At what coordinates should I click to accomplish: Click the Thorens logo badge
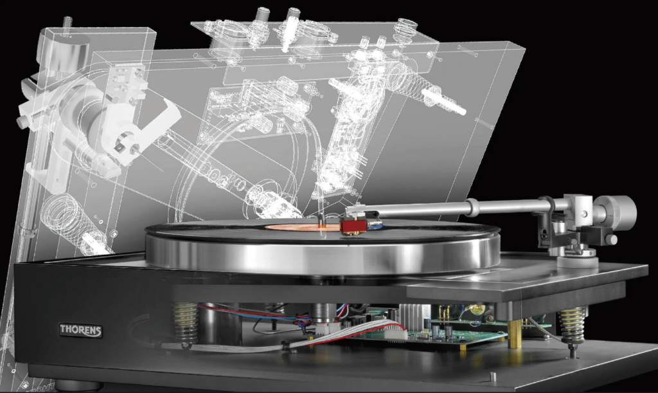tap(80, 330)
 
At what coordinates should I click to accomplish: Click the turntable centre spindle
tap(321, 220)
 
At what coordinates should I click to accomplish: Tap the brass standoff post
tap(515, 333)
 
